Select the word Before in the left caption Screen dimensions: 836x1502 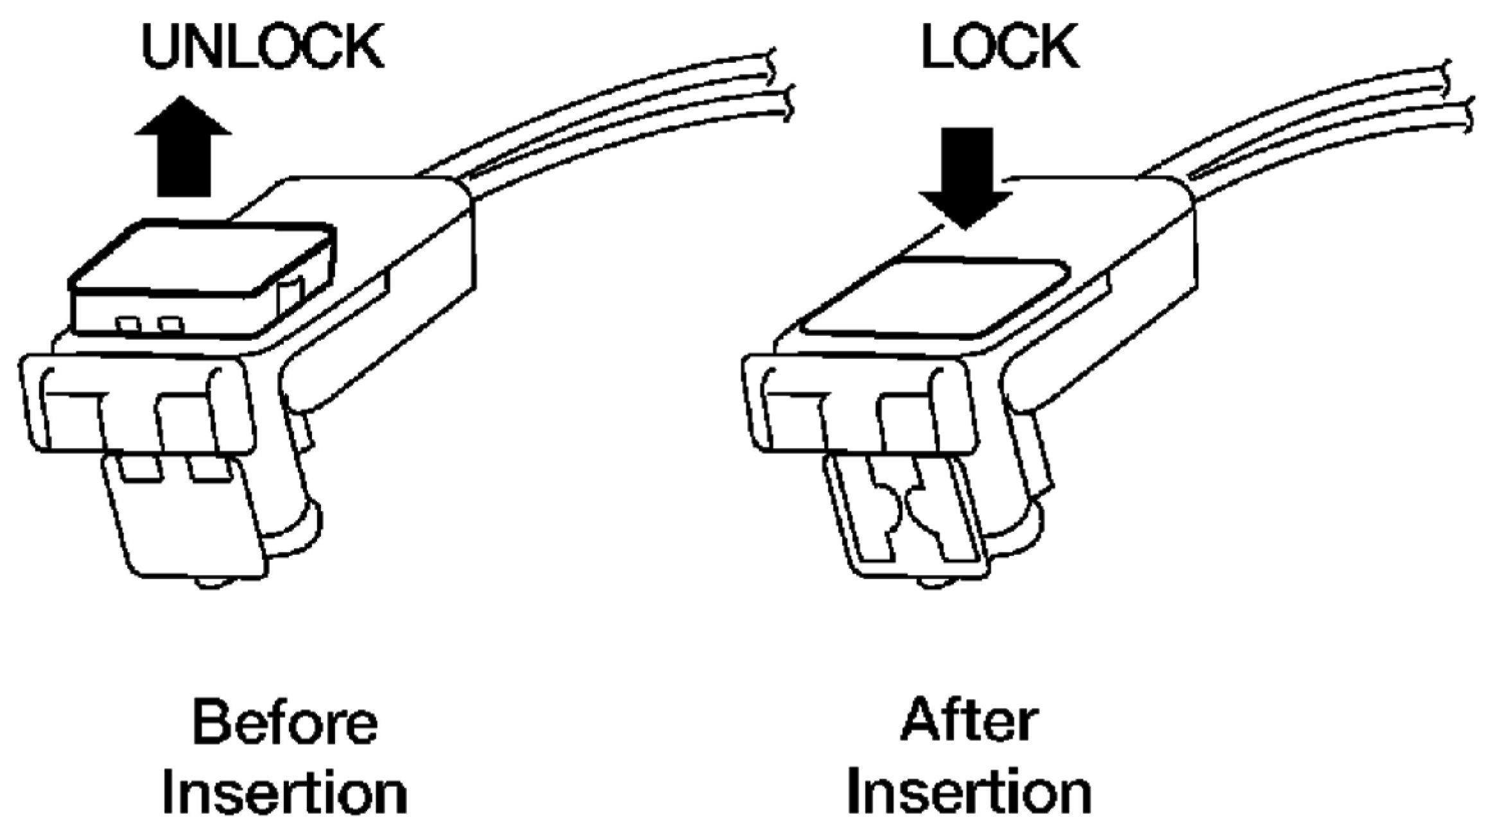(x=285, y=723)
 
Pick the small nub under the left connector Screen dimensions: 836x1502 (x=212, y=583)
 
